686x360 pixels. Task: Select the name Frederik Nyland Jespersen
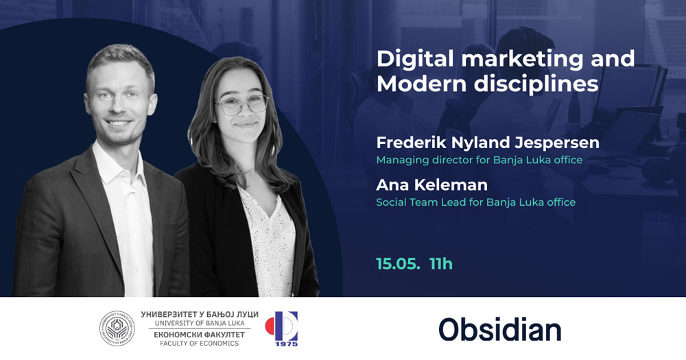coord(488,143)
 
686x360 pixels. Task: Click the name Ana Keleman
coord(431,185)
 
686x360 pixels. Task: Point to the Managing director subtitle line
coord(480,160)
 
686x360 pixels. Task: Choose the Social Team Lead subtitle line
coord(476,202)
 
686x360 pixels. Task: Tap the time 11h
coord(441,264)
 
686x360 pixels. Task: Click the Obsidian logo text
coord(500,330)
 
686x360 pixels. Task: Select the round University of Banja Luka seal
coord(117,328)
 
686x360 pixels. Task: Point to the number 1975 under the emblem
coord(287,344)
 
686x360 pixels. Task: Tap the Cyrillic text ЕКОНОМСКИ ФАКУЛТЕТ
coord(200,335)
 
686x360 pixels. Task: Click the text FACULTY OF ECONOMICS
coord(200,344)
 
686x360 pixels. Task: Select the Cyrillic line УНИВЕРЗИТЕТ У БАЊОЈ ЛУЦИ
coord(200,315)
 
